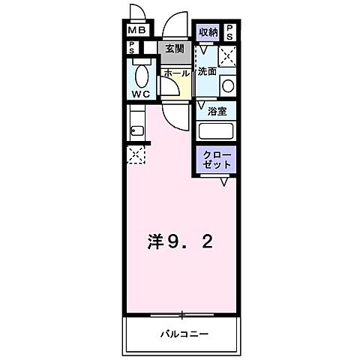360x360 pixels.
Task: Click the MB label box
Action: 136,31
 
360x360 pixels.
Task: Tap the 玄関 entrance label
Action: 174,49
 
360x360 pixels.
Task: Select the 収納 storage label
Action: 208,31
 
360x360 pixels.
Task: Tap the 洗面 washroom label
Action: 207,73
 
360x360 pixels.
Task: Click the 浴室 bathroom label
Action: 217,110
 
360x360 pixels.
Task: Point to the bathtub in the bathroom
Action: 217,130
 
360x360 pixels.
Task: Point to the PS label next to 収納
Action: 229,31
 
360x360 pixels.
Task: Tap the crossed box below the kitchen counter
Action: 136,155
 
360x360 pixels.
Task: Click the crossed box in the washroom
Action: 228,56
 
